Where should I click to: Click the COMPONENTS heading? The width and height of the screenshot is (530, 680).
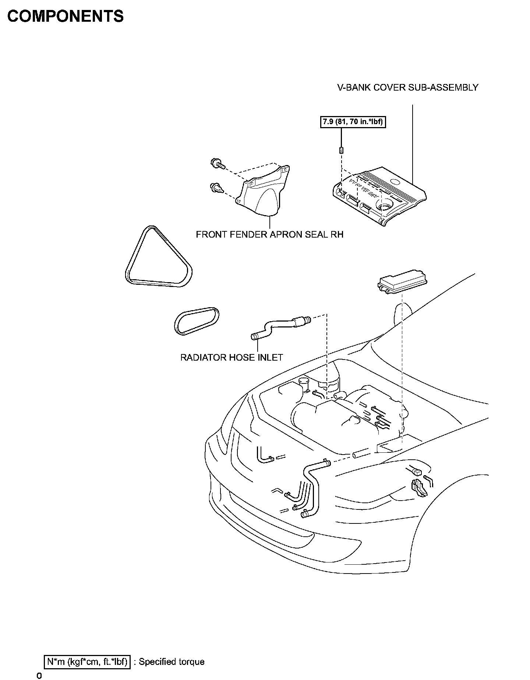(66, 17)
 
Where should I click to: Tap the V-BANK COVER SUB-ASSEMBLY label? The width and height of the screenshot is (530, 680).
(408, 88)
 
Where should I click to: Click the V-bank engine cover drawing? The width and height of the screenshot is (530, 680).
(379, 195)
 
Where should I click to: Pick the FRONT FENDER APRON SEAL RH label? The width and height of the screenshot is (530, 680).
(269, 235)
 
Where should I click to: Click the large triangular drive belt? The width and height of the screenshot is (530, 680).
(158, 258)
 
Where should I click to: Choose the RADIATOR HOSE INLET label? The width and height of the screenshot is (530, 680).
(232, 357)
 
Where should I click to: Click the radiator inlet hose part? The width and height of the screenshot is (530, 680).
(280, 326)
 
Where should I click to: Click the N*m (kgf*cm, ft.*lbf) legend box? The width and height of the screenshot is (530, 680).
(87, 662)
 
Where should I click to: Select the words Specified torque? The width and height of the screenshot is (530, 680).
(172, 662)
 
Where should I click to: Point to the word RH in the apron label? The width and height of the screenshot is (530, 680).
(337, 235)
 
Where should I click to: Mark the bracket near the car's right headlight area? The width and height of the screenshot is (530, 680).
(419, 487)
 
